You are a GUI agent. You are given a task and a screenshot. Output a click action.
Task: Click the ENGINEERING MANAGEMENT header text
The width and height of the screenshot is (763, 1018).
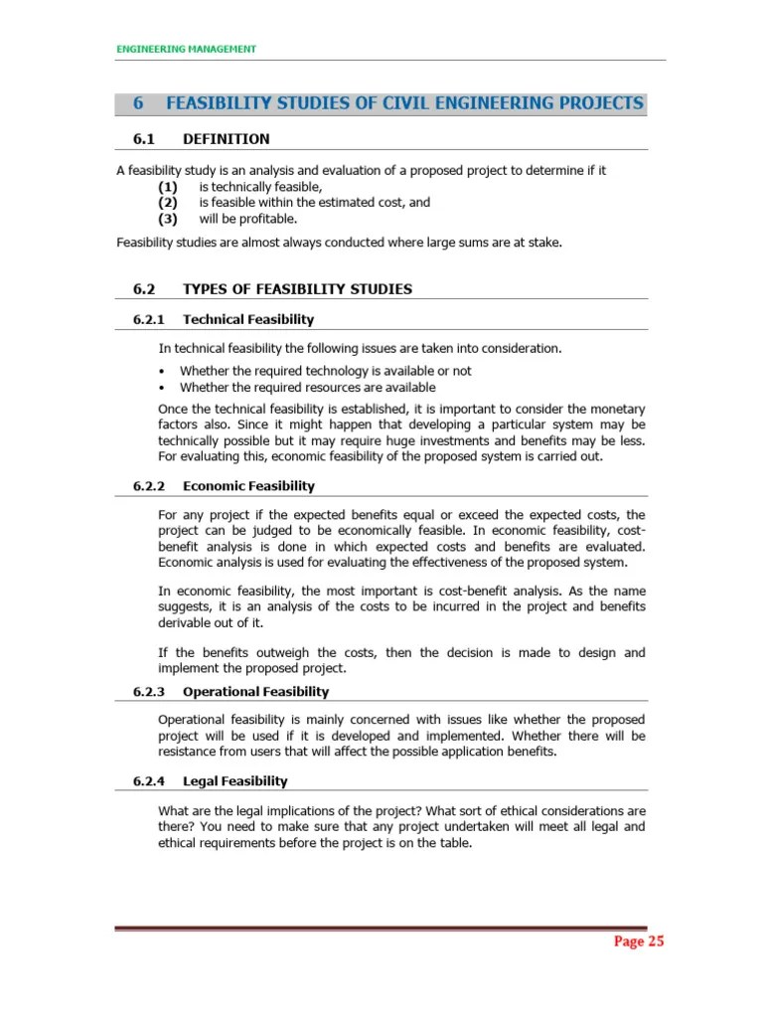[187, 49]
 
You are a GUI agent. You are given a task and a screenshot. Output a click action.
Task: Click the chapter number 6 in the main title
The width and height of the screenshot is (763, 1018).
[138, 103]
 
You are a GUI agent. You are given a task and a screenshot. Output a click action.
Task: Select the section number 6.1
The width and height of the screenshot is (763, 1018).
[145, 138]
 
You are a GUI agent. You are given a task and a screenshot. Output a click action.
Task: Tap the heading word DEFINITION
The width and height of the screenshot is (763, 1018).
[227, 138]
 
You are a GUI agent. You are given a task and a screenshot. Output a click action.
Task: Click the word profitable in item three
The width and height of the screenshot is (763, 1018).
[267, 219]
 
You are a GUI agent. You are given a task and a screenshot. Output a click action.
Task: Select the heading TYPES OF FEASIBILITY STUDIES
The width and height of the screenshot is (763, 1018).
[298, 289]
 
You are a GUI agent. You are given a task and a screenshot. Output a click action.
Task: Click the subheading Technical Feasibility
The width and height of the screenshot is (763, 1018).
[248, 319]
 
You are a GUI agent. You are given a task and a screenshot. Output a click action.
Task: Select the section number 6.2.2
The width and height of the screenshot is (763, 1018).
[153, 486]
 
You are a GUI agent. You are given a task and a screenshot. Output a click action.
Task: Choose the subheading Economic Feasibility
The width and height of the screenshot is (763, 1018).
[248, 486]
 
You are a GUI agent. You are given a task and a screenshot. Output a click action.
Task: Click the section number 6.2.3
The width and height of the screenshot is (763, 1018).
[153, 691]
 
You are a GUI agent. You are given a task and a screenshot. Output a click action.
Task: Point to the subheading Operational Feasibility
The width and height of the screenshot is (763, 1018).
[255, 691]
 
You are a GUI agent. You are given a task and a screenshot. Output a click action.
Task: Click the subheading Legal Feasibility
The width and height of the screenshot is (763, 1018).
[235, 781]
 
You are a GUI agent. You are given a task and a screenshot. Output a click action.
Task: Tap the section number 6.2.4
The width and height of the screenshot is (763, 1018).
[153, 781]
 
